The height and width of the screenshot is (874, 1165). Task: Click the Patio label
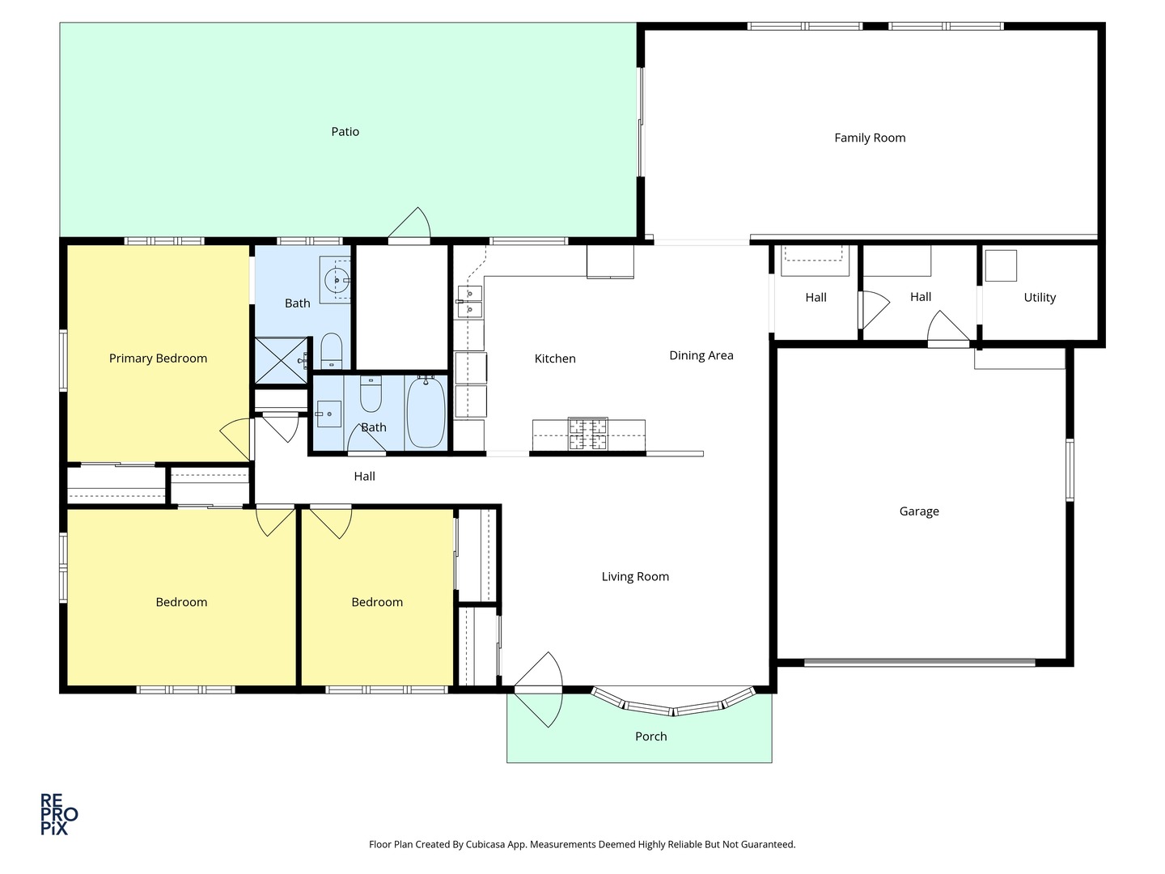click(345, 132)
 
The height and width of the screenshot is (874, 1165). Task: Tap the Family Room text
click(870, 138)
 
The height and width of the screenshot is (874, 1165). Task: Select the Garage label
click(919, 511)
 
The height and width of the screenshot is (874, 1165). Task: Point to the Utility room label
click(1040, 298)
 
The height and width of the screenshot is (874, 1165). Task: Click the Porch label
click(650, 736)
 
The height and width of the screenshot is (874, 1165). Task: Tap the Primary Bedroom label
click(158, 359)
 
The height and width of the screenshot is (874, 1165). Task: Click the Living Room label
click(635, 577)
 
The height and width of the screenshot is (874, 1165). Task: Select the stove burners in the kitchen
click(587, 434)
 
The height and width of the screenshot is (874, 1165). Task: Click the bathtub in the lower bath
click(426, 412)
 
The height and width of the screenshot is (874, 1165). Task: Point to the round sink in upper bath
click(336, 281)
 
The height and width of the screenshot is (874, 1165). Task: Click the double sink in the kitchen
click(470, 299)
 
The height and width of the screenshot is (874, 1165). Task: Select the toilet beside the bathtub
click(371, 392)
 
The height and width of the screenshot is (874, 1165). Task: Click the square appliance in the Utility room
click(1001, 265)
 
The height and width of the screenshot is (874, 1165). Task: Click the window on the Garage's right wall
click(1070, 469)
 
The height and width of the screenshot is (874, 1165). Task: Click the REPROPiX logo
click(59, 814)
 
